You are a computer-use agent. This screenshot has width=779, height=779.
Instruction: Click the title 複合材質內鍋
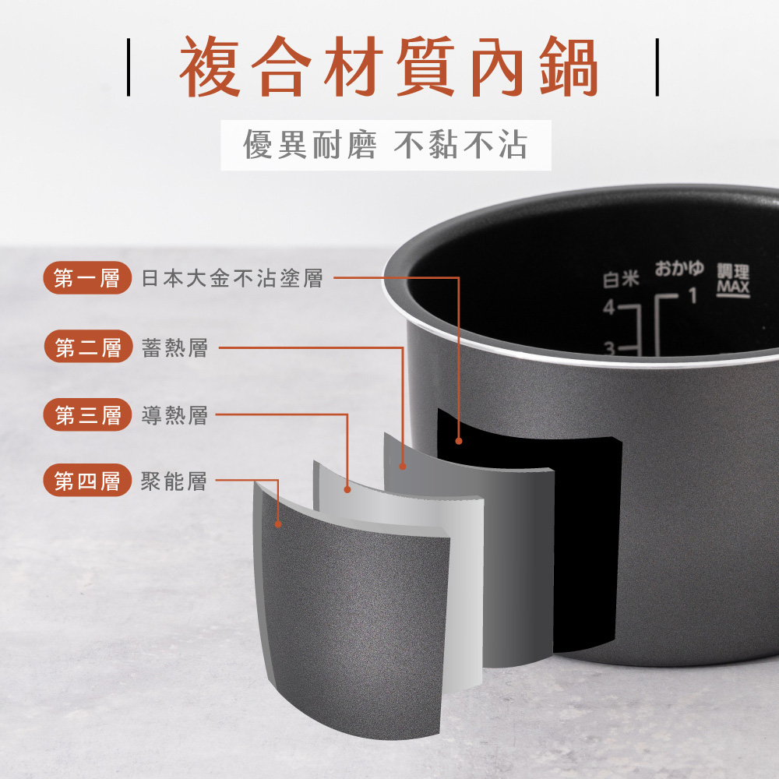pyautogui.click(x=389, y=66)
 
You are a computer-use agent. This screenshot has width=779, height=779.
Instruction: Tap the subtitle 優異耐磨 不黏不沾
pyautogui.click(x=385, y=145)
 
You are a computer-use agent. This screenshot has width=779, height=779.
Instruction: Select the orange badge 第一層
pyautogui.click(x=87, y=278)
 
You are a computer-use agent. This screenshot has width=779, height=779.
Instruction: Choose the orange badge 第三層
pyautogui.click(x=87, y=415)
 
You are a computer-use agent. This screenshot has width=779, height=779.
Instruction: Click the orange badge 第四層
pyautogui.click(x=87, y=481)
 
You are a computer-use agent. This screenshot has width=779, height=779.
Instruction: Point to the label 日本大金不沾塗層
pyautogui.click(x=232, y=278)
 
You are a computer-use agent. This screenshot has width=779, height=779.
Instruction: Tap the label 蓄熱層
pyautogui.click(x=174, y=347)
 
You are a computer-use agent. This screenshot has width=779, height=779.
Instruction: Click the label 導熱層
pyautogui.click(x=174, y=415)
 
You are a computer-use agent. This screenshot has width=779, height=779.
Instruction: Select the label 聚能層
pyautogui.click(x=174, y=481)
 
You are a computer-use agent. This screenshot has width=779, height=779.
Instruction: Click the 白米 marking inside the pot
pyautogui.click(x=621, y=279)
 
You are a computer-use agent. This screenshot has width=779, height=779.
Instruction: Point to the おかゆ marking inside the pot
pyautogui.click(x=679, y=268)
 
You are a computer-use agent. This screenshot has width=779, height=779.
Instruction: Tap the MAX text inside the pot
pyautogui.click(x=733, y=287)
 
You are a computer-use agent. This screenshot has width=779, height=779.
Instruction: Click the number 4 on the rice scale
pyautogui.click(x=609, y=308)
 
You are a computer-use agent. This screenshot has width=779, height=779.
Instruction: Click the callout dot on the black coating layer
pyautogui.click(x=459, y=441)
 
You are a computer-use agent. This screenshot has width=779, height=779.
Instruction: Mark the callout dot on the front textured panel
pyautogui.click(x=278, y=523)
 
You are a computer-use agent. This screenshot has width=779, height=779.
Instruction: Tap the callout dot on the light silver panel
pyautogui.click(x=347, y=489)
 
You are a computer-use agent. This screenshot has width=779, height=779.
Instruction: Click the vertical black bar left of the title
pyautogui.click(x=129, y=67)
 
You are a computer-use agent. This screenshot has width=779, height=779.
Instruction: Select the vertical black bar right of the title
pyautogui.click(x=657, y=67)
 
